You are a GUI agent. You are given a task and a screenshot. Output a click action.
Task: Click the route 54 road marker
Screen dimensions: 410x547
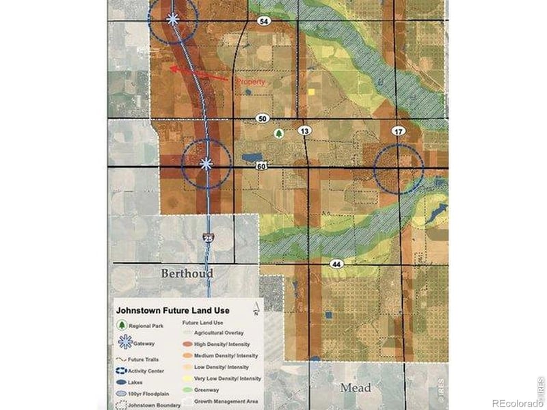tap(263, 22)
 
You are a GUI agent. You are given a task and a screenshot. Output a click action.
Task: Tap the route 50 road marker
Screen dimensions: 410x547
tap(263, 118)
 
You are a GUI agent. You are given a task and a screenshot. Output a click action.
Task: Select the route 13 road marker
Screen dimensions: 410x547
tap(304, 130)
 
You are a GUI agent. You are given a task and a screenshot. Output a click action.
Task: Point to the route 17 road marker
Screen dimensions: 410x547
tap(399, 130)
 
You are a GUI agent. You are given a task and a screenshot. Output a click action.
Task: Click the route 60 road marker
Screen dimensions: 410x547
tap(263, 166)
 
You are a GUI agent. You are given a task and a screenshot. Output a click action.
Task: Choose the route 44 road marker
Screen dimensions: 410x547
tap(336, 263)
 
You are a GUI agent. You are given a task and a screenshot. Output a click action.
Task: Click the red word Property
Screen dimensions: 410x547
tap(250, 82)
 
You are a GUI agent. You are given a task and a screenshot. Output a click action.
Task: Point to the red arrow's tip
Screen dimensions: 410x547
tap(170, 68)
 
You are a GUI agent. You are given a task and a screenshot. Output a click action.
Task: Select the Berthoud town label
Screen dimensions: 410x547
tap(187, 273)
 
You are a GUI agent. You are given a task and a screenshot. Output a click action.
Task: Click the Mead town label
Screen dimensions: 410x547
tap(356, 387)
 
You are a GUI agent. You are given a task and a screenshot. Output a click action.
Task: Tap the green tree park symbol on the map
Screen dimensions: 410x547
tap(278, 134)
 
